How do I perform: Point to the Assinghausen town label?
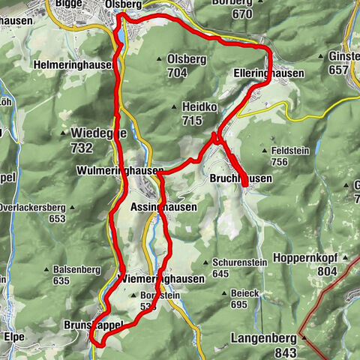[163, 207]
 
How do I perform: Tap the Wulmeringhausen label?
[119, 171]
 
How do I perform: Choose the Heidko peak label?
[199, 107]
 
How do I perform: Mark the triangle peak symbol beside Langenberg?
[304, 338]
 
